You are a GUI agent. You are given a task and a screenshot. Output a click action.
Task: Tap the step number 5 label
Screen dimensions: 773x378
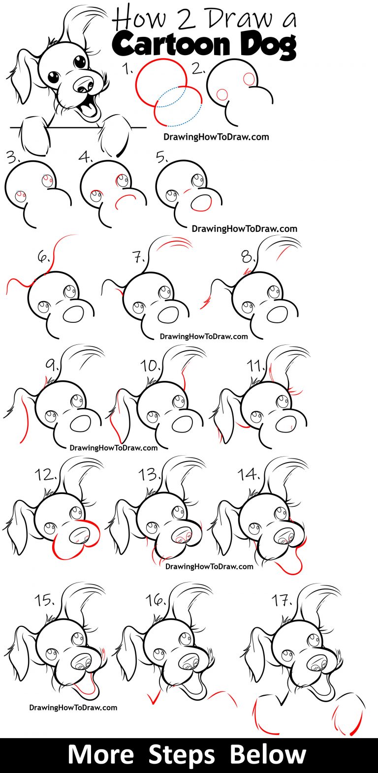(162, 157)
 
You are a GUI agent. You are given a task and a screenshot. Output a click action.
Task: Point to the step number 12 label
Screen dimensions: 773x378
(45, 475)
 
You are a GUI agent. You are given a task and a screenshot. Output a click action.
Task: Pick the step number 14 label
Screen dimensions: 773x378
(249, 474)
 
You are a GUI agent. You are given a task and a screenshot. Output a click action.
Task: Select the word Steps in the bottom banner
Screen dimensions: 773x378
(189, 755)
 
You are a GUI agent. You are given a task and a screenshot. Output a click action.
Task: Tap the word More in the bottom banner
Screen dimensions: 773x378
(100, 755)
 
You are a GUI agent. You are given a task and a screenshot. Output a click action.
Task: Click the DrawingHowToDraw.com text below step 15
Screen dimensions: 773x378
(73, 708)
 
